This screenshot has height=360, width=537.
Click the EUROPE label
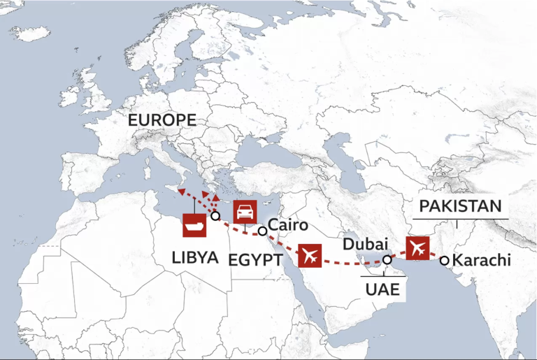point(162,120)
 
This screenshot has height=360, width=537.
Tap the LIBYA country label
point(195,257)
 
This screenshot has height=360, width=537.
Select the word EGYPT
point(255,260)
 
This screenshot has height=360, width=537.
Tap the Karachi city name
point(482,261)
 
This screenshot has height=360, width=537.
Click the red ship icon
point(194,226)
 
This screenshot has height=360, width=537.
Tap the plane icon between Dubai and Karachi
point(417,247)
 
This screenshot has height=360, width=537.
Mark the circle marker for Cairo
point(262,231)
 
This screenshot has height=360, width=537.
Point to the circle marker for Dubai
point(386,260)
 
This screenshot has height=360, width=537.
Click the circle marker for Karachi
point(445,260)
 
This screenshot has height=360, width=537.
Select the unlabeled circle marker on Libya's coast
point(216,216)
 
